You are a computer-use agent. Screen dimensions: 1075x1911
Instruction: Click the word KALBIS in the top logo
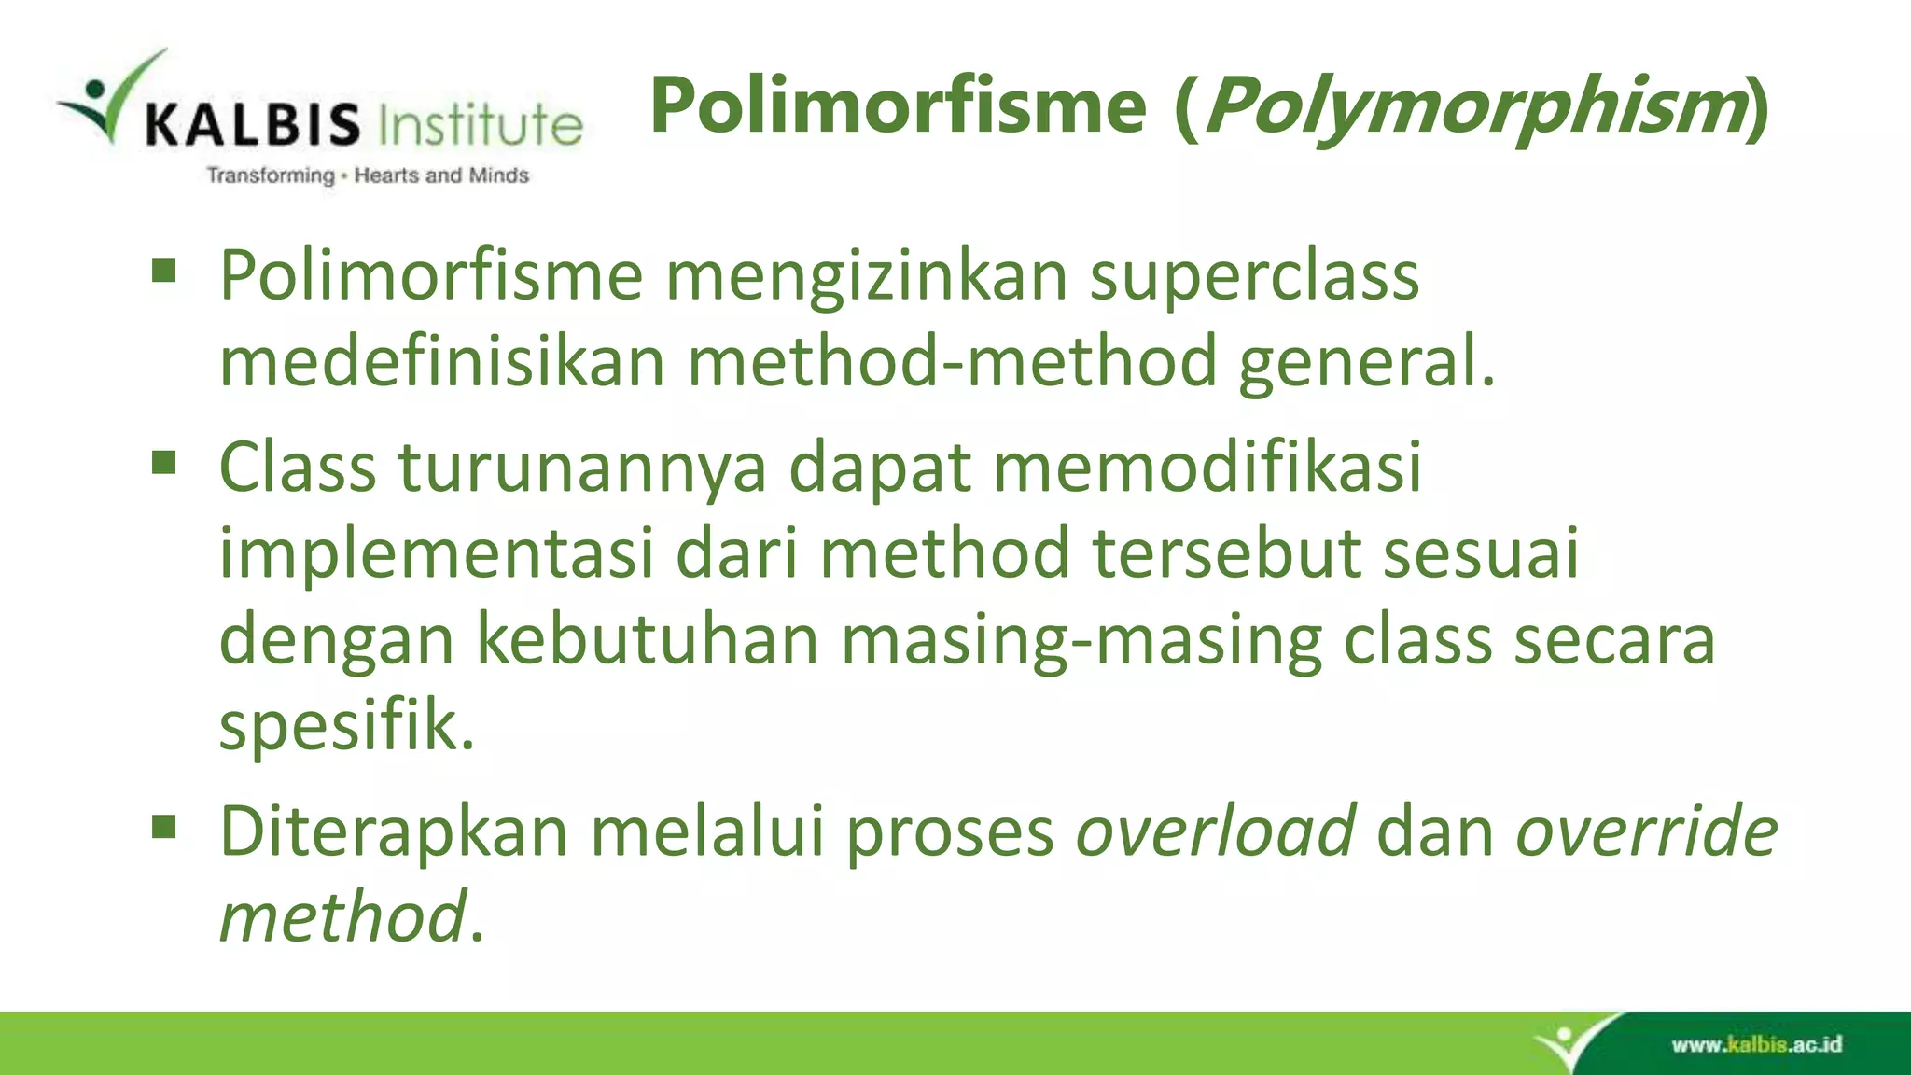[252, 124]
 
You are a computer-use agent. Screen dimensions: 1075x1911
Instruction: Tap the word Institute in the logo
[481, 124]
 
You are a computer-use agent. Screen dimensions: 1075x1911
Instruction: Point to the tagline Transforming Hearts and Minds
[368, 175]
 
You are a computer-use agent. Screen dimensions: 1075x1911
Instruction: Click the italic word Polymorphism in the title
[1474, 107]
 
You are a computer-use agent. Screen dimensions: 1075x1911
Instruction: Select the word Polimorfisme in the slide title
[898, 105]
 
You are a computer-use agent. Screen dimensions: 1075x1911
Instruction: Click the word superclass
[1254, 277]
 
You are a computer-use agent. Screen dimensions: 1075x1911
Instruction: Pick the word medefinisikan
[441, 362]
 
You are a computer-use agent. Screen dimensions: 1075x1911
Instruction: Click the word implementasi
[436, 553]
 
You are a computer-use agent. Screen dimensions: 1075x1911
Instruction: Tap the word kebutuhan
[648, 639]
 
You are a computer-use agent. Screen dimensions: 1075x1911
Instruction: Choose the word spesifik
[346, 727]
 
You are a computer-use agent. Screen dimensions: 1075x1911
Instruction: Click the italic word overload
[1215, 831]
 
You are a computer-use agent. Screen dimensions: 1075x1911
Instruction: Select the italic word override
[1646, 831]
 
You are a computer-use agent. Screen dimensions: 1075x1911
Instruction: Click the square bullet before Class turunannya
[164, 463]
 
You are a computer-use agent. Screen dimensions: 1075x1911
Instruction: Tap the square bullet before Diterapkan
[164, 827]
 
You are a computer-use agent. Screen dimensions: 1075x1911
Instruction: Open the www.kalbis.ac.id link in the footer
[1756, 1044]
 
